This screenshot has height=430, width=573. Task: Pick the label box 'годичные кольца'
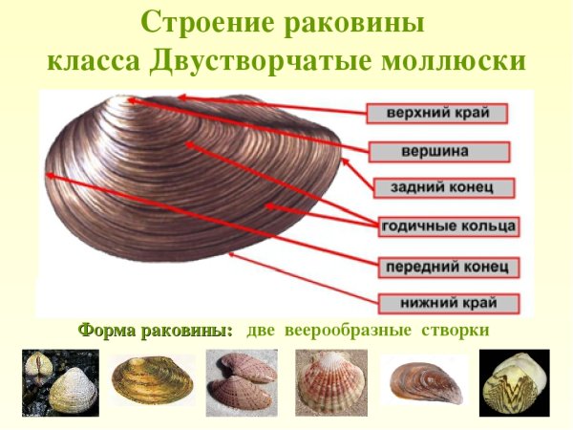coord(448,226)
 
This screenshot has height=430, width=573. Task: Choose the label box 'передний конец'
coord(448,265)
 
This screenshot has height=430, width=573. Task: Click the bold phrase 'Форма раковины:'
coord(156,331)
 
